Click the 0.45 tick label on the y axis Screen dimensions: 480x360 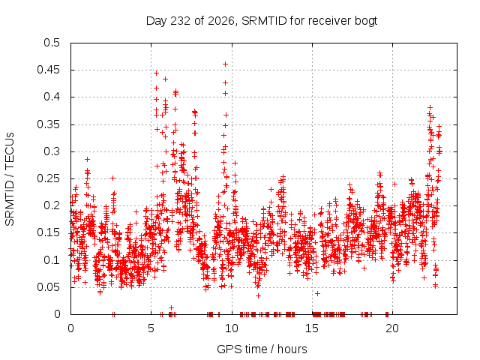coord(49,70)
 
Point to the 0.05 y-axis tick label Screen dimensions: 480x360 coord(49,287)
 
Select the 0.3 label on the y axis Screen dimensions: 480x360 coord(52,151)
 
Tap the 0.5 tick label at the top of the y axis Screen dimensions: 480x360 coord(52,43)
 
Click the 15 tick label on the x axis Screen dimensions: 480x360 coord(312,328)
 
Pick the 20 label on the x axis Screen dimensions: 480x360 coord(392,328)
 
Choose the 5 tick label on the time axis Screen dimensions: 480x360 coord(151,328)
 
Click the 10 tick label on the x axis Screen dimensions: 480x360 coord(232,328)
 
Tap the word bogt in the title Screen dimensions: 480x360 coord(366,21)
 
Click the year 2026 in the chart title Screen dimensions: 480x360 coord(222,21)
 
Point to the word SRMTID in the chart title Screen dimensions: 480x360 coord(265,21)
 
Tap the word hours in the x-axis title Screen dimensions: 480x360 coord(292,349)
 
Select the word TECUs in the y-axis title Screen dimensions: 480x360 coord(10,150)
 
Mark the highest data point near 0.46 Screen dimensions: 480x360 coord(225,64)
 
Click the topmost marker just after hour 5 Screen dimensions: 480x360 coord(157,73)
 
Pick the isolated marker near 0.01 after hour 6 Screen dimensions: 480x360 coord(172,307)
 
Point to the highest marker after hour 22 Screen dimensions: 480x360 coord(430,107)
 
